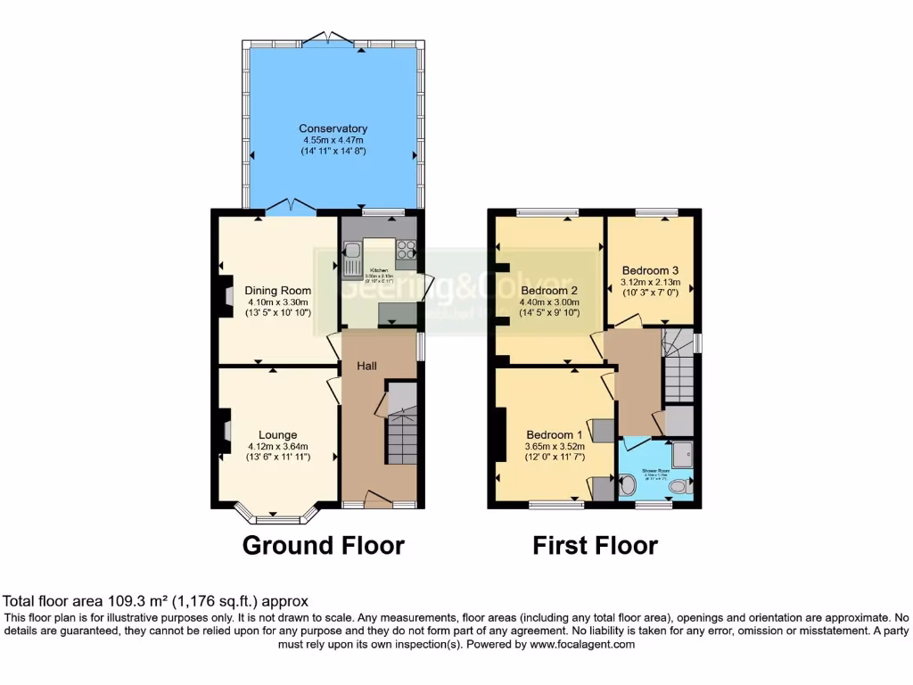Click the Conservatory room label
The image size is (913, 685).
pyautogui.click(x=333, y=128)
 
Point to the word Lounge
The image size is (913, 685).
pyautogui.click(x=278, y=435)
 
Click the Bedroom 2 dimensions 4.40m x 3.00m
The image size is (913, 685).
pyautogui.click(x=550, y=303)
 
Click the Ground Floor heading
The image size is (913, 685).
pyautogui.click(x=324, y=545)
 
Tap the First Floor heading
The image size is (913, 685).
pyautogui.click(x=595, y=545)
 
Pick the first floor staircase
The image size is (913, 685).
pyautogui.click(x=679, y=366)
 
